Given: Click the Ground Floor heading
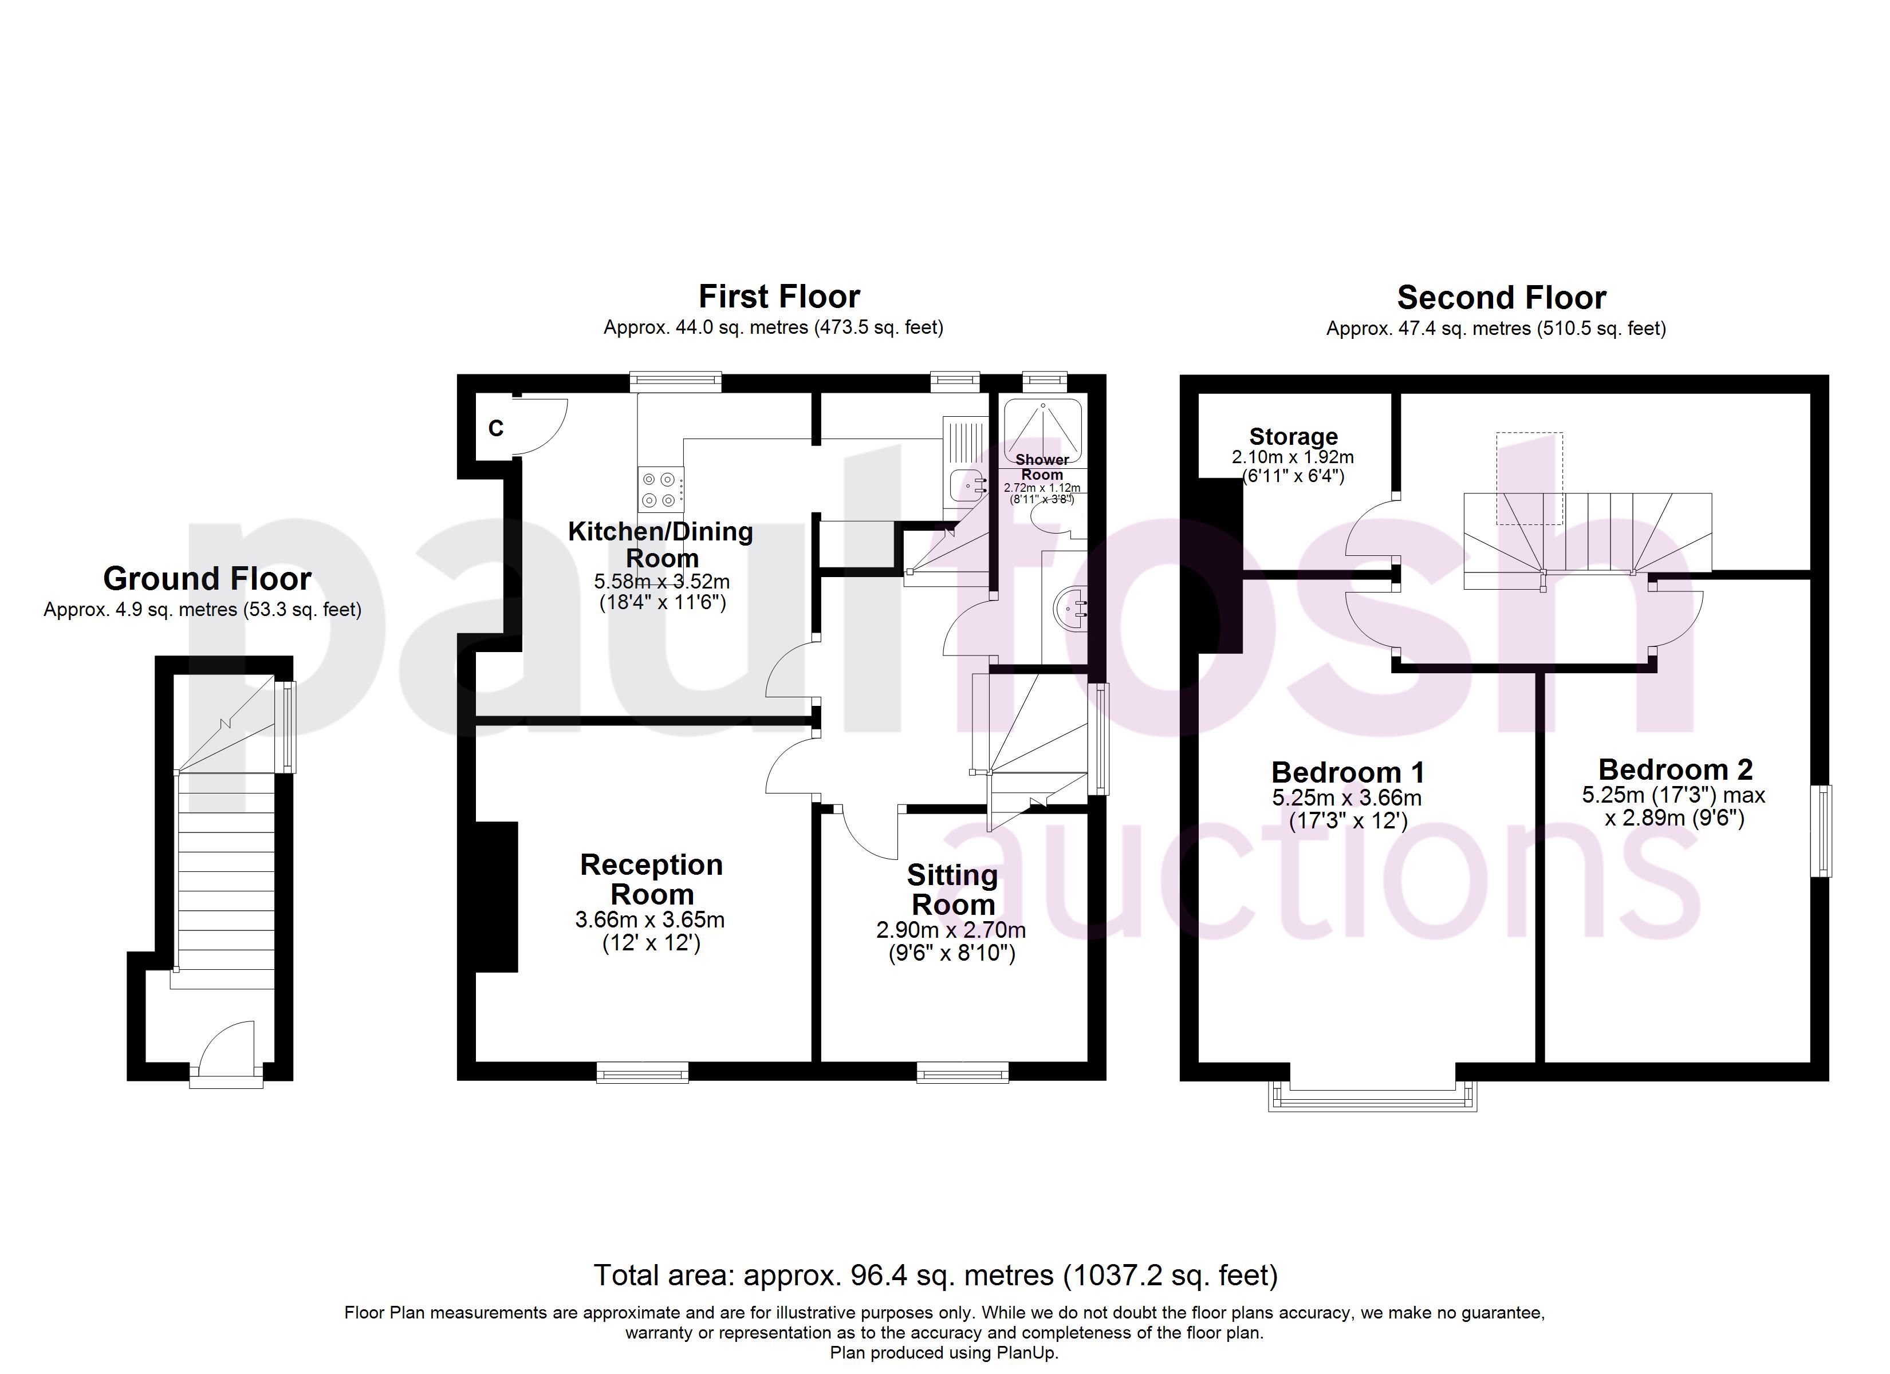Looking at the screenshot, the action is click(x=207, y=578).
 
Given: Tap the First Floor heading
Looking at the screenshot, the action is click(x=779, y=297).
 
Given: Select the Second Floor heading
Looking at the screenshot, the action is click(x=1502, y=298).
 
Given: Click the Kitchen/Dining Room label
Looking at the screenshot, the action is click(x=661, y=544).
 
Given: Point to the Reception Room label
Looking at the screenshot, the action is click(x=652, y=879).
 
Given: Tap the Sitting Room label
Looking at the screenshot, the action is click(x=952, y=889).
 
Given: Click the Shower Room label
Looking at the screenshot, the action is click(x=1042, y=467).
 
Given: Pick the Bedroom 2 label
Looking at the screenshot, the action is click(x=1675, y=768).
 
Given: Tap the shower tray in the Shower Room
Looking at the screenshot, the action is click(x=1042, y=431).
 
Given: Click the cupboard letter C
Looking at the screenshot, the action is click(x=496, y=428).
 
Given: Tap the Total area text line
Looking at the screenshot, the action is click(x=935, y=1275).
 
